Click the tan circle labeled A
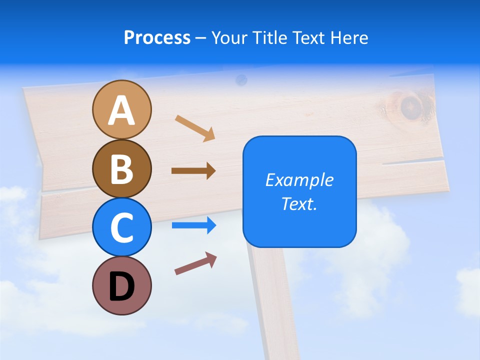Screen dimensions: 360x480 121,109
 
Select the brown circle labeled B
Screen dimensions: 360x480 121,168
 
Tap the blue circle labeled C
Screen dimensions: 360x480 121,227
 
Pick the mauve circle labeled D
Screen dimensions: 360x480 121,285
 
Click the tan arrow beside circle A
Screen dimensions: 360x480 195,128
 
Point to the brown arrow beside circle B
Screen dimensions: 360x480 193,171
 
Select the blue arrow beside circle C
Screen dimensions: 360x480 194,225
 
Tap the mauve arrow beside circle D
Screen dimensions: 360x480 195,263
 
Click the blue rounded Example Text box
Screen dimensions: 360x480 299,191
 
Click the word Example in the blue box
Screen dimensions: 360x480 299,180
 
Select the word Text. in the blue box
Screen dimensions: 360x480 299,203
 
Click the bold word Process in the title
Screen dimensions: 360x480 157,37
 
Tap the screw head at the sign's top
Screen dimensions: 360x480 241,79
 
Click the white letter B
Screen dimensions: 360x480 121,168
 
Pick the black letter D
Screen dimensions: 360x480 121,286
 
